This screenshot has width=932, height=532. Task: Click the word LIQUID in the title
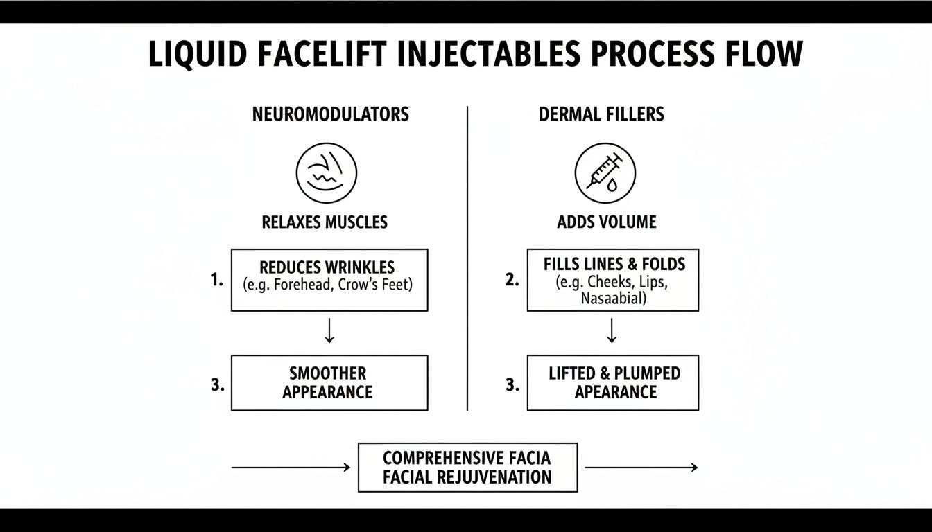coord(196,55)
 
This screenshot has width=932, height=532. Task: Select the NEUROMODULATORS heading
coord(330,114)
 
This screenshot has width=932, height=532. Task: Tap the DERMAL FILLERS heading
coord(601,114)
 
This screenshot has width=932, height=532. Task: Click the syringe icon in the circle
coord(605,173)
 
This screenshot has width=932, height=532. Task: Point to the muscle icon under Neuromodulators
coord(327,173)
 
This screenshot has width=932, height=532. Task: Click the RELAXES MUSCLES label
coord(325,222)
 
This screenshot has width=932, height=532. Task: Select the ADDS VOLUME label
coord(607,222)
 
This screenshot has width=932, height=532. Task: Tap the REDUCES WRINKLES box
coord(329,280)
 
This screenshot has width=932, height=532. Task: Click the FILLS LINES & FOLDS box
coord(613,280)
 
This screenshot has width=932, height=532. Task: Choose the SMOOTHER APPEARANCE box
coord(329,382)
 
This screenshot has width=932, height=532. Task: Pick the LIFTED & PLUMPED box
coord(613,382)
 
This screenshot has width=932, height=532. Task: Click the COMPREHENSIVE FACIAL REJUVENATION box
coord(467,468)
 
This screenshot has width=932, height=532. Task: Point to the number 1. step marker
coord(216,281)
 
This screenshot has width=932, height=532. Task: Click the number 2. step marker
coord(512,281)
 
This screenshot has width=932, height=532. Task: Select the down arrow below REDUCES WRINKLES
coord(329,332)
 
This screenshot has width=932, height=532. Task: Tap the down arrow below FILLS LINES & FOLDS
coord(612,332)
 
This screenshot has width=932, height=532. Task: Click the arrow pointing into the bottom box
coord(291,468)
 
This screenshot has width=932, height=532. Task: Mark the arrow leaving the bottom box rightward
coord(641,468)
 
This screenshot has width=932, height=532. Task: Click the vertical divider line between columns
coord(468,256)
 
